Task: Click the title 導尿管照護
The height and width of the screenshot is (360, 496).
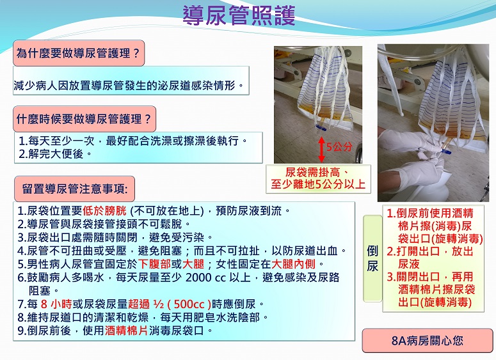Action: [239, 15]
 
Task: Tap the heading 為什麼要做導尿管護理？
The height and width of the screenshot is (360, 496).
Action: [79, 53]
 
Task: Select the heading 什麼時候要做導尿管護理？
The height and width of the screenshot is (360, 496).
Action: [84, 119]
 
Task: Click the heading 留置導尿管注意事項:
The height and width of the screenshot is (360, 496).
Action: [75, 189]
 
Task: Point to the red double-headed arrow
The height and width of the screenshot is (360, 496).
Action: [321, 149]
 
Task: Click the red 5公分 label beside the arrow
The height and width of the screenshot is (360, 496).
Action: [339, 147]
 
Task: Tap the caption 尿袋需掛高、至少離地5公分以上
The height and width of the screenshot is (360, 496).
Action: [318, 178]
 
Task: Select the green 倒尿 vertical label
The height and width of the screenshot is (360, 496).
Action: [372, 258]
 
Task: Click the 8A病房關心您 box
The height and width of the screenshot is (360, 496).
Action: [428, 340]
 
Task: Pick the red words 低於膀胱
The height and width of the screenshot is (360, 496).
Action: [104, 210]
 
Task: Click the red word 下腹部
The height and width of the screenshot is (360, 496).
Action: [155, 263]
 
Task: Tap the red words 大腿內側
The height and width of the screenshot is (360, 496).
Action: [293, 263]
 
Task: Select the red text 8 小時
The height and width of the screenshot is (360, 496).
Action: [56, 304]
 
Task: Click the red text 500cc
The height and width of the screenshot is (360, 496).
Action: [189, 304]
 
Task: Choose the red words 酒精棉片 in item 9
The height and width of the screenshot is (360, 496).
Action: [127, 331]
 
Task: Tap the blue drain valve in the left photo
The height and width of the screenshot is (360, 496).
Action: [321, 128]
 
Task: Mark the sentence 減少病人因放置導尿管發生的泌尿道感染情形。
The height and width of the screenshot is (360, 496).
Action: [129, 86]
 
